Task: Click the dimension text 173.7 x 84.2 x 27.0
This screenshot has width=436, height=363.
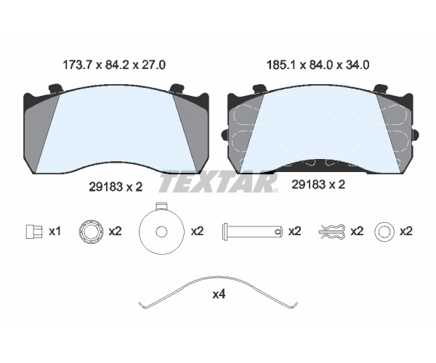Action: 114,65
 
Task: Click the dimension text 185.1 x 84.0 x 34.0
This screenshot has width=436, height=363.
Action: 318,65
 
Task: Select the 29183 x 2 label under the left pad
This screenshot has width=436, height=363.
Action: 116,187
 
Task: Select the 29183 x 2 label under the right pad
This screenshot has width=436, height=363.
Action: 318,184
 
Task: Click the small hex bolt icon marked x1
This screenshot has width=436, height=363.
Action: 34,232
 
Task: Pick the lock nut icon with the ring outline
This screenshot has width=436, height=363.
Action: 91,232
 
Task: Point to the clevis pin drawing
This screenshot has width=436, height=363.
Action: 252,232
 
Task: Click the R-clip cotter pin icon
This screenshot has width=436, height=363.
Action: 332,232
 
